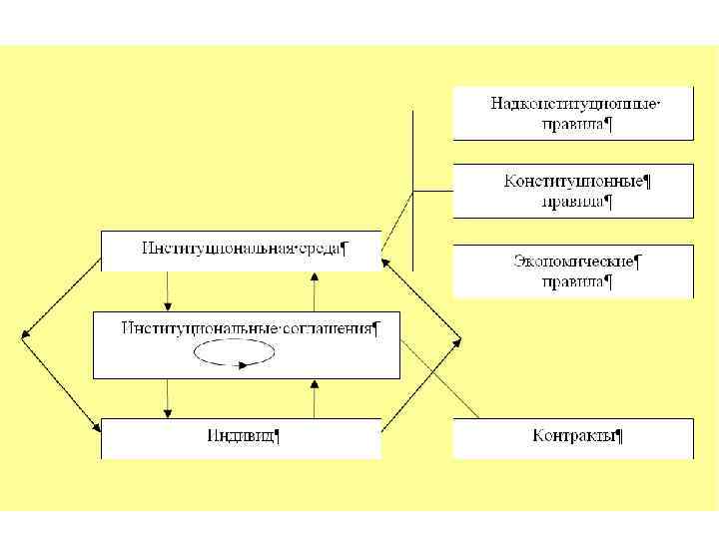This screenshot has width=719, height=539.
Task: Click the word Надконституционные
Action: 574,104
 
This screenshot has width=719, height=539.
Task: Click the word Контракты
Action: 573,436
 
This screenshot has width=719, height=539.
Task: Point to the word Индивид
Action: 241,436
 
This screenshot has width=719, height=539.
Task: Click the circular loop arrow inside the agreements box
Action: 234,354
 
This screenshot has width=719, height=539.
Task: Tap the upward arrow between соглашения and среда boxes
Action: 315,291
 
